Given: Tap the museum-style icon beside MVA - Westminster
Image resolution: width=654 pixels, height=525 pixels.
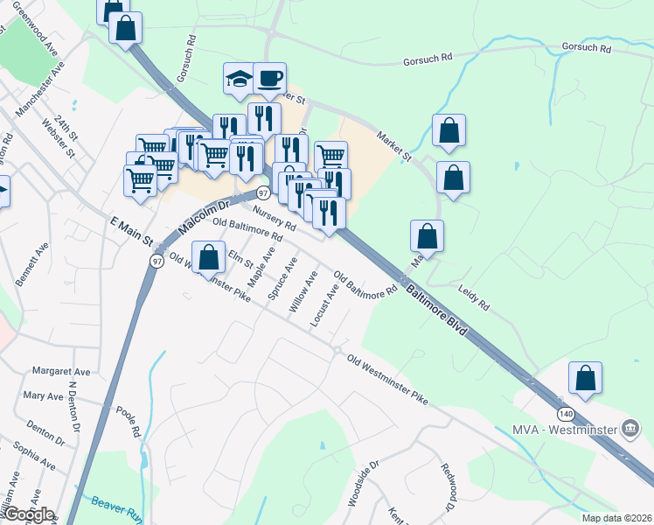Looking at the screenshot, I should [x=630, y=428].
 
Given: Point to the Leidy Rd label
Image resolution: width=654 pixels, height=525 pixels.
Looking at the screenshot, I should [x=473, y=297].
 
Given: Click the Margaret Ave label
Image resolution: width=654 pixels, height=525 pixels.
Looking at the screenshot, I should [x=61, y=372].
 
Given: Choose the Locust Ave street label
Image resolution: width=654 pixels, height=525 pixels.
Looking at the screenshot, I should [x=324, y=305].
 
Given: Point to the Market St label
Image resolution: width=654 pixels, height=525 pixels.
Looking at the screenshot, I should [x=394, y=146].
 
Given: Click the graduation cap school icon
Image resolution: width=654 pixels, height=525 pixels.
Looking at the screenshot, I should [x=238, y=79].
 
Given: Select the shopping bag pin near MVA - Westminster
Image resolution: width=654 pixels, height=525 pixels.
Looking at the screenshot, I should [x=585, y=378].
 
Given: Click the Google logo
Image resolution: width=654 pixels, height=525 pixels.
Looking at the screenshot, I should [x=28, y=514].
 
